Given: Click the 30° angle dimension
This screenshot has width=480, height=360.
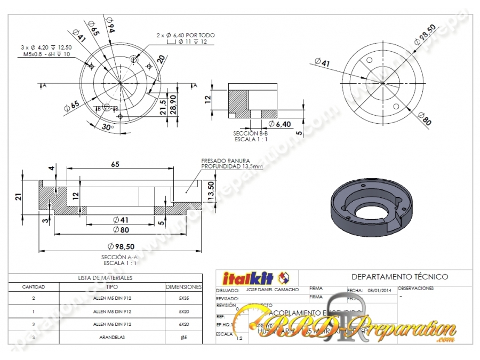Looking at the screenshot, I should click(x=108, y=127).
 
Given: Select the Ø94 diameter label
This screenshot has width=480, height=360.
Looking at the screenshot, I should click(x=109, y=25).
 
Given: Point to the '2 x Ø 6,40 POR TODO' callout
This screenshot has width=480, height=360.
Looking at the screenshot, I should click(x=186, y=35).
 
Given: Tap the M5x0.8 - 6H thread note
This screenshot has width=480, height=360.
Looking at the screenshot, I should click(x=46, y=54).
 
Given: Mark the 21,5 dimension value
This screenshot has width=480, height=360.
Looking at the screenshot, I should click(x=163, y=107).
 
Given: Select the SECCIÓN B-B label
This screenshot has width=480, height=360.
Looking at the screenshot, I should click(x=251, y=133).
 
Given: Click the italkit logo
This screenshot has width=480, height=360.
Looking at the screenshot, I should click(x=255, y=277).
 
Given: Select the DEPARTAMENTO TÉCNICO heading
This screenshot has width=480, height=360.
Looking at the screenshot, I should click(x=399, y=277).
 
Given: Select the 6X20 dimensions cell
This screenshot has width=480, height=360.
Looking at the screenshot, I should click(x=183, y=324).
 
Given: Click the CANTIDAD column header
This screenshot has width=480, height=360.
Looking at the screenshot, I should click(x=33, y=287).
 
